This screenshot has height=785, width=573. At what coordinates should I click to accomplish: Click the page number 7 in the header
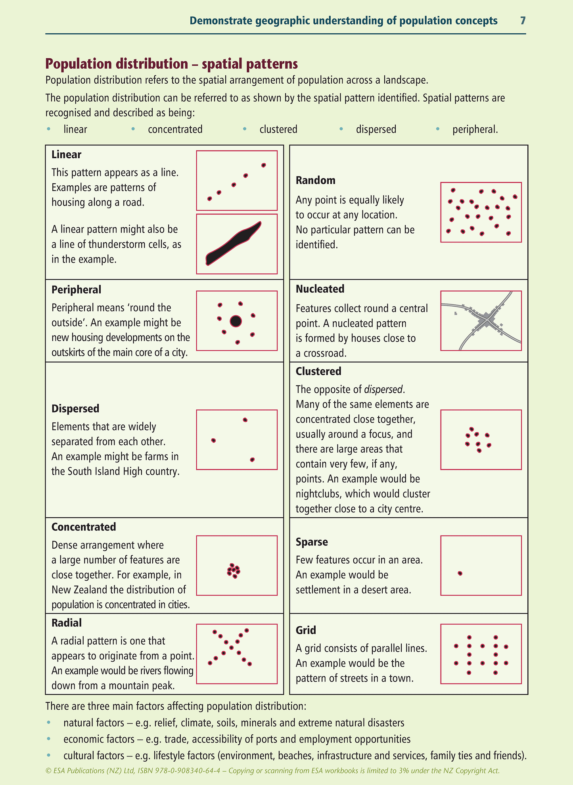523,21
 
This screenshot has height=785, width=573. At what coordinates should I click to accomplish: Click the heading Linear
66,155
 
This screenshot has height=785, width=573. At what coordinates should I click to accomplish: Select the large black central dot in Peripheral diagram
236,321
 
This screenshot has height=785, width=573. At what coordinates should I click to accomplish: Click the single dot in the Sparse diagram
460,573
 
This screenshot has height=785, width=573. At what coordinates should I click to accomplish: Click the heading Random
315,180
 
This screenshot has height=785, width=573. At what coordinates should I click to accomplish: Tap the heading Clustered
318,371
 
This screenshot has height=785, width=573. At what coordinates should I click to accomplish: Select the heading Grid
306,630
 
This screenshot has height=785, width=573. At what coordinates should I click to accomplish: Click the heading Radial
67,623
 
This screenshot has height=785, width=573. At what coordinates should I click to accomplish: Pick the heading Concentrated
84,527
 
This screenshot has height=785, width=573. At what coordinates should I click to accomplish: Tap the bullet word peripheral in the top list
475,129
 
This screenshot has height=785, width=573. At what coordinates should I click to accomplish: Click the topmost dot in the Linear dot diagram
264,165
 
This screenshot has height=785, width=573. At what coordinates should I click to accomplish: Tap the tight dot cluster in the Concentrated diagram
234,571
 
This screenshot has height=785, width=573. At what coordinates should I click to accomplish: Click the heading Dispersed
75,409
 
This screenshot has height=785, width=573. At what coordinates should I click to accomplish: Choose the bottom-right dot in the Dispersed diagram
252,460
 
